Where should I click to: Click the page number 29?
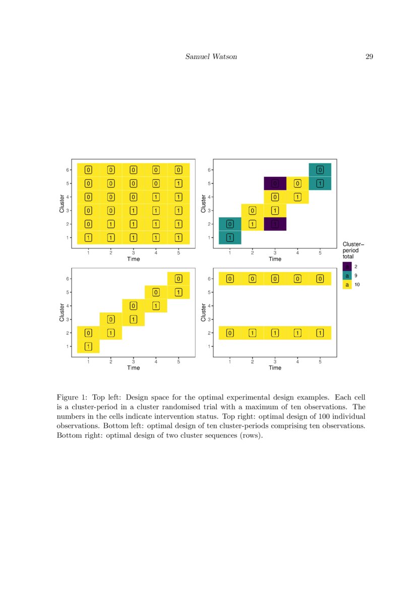(x=369, y=56)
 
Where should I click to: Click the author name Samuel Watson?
(x=211, y=56)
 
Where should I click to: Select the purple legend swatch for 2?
(x=347, y=266)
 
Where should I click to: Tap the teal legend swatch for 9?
(x=347, y=276)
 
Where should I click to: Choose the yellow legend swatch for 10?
(x=347, y=285)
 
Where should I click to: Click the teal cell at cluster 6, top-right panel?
(x=320, y=170)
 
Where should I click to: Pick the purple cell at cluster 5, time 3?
(x=275, y=183)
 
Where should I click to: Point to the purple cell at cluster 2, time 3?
(x=275, y=224)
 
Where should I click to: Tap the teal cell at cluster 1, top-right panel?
(x=230, y=237)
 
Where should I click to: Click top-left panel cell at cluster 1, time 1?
(x=88, y=237)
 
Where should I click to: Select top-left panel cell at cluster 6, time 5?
(x=178, y=170)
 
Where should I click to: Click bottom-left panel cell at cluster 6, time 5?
(x=178, y=279)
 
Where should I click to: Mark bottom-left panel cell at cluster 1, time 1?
(x=88, y=346)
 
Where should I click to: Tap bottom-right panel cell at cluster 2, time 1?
(x=230, y=333)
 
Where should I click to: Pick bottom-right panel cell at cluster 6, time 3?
(x=275, y=279)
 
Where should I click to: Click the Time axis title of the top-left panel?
(x=133, y=259)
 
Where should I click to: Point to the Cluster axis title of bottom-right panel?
(x=203, y=312)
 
